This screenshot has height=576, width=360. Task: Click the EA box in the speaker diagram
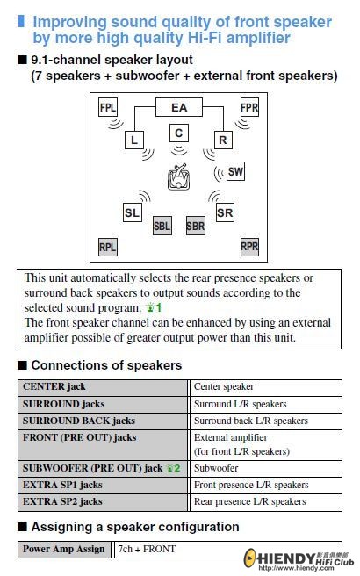[x=179, y=107]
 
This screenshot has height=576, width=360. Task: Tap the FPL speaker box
[x=108, y=107]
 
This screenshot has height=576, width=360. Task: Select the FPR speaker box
[x=249, y=107]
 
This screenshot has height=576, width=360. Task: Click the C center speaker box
[x=179, y=133]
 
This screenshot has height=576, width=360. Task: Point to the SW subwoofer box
[x=235, y=171]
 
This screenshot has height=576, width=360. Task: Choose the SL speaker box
[x=132, y=212]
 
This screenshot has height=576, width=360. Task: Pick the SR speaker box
[x=225, y=212]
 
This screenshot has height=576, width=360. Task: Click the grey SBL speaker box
[x=162, y=226]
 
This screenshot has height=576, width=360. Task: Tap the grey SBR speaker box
[x=196, y=226]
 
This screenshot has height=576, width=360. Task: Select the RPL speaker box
[x=108, y=248]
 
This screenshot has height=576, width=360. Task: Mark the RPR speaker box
[x=249, y=246]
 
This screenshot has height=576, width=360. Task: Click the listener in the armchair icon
[x=178, y=177]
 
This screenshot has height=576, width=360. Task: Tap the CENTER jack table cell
[x=102, y=387]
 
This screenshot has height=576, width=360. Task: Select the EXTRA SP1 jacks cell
[x=102, y=486]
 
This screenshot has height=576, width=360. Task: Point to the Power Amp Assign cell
[x=64, y=549]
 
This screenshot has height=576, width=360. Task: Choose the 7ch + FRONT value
[x=147, y=549]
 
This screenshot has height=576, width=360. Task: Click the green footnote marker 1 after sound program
[x=154, y=307]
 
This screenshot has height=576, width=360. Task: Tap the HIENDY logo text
[x=285, y=559]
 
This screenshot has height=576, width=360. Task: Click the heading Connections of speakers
[x=106, y=365]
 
